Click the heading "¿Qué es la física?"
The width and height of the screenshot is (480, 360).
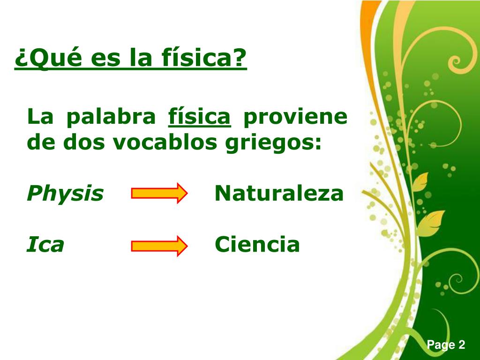pyautogui.click(x=130, y=58)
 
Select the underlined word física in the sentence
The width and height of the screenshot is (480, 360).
pyautogui.click(x=199, y=117)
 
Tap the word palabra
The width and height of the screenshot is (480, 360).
pyautogui.click(x=111, y=117)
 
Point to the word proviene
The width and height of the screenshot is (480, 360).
pyautogui.click(x=295, y=117)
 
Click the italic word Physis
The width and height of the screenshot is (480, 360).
pyautogui.click(x=65, y=194)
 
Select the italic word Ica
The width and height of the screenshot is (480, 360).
pyautogui.click(x=45, y=245)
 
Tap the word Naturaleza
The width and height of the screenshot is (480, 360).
pyautogui.click(x=279, y=193)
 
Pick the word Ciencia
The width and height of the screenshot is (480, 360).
pyautogui.click(x=257, y=245)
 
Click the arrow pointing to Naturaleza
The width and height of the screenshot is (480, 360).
pyautogui.click(x=159, y=194)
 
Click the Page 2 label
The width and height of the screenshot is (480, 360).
pyautogui.click(x=446, y=345)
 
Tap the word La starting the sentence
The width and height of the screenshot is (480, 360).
pyautogui.click(x=40, y=117)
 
